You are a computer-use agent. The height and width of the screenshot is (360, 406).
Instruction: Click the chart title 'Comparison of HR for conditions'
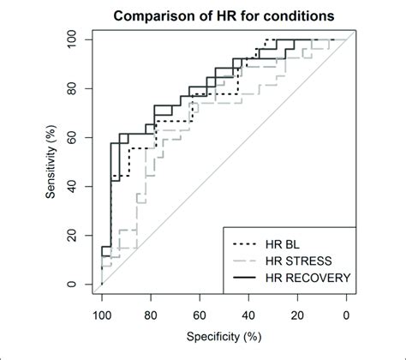(224, 17)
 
